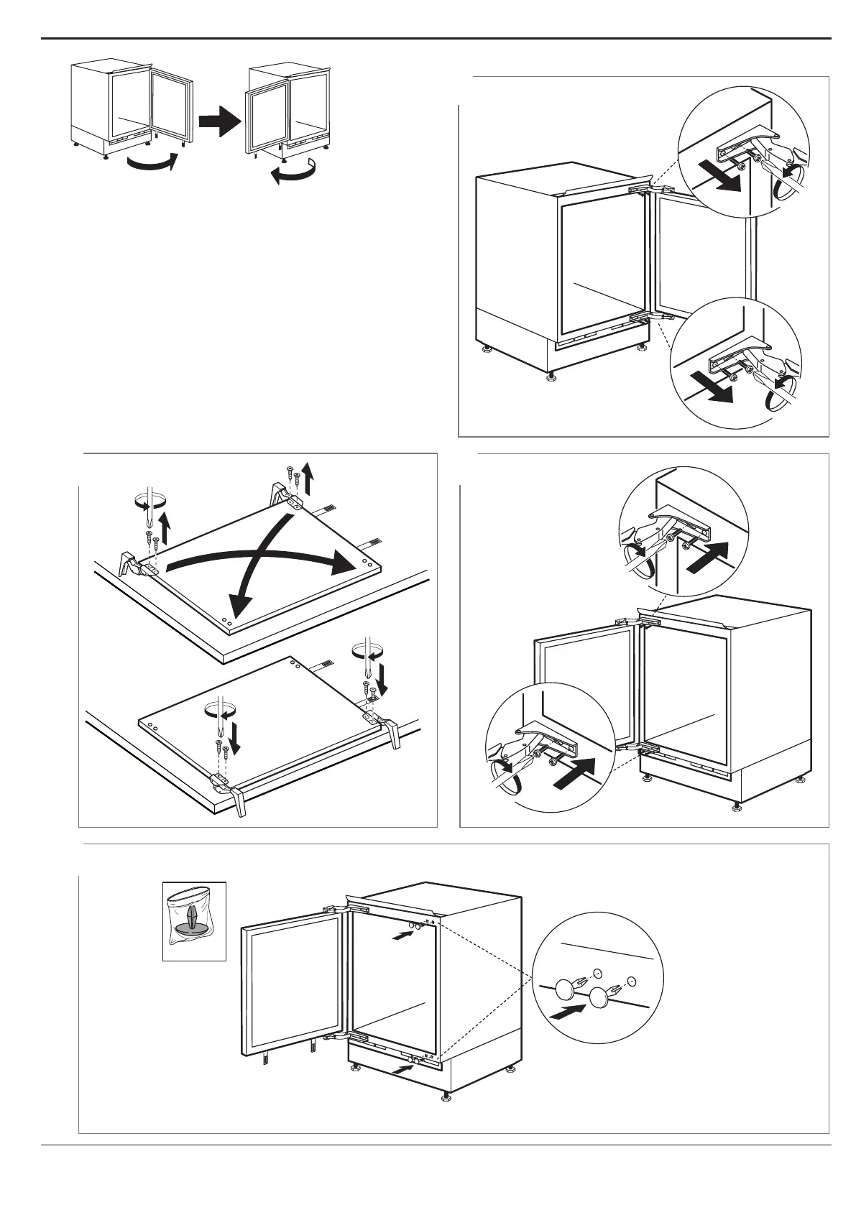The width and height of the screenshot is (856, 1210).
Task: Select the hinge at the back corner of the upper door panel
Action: (x=285, y=495)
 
